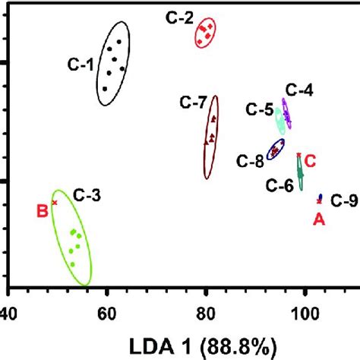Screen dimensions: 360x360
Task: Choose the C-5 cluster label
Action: click(x=259, y=109)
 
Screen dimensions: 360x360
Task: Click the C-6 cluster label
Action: click(x=279, y=184)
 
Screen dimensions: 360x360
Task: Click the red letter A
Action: click(x=320, y=219)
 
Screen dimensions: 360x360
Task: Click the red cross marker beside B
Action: click(x=54, y=202)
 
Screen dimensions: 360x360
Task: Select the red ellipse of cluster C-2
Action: click(x=207, y=32)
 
